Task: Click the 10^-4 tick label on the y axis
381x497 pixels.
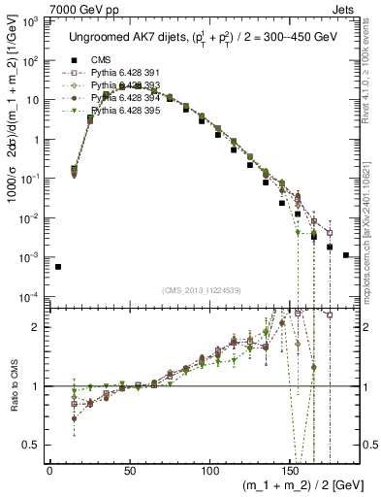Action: coord(28,297)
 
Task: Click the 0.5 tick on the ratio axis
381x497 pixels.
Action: coord(31,446)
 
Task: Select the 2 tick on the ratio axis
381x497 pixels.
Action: coord(36,327)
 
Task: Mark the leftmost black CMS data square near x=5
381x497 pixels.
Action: coord(58,267)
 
